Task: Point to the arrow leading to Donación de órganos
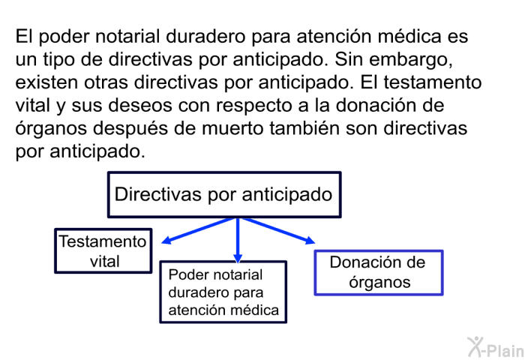tap(278, 231)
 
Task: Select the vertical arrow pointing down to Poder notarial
tap(238, 241)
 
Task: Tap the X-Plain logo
tap(496, 347)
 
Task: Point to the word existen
tap(46, 82)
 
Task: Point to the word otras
tap(106, 82)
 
